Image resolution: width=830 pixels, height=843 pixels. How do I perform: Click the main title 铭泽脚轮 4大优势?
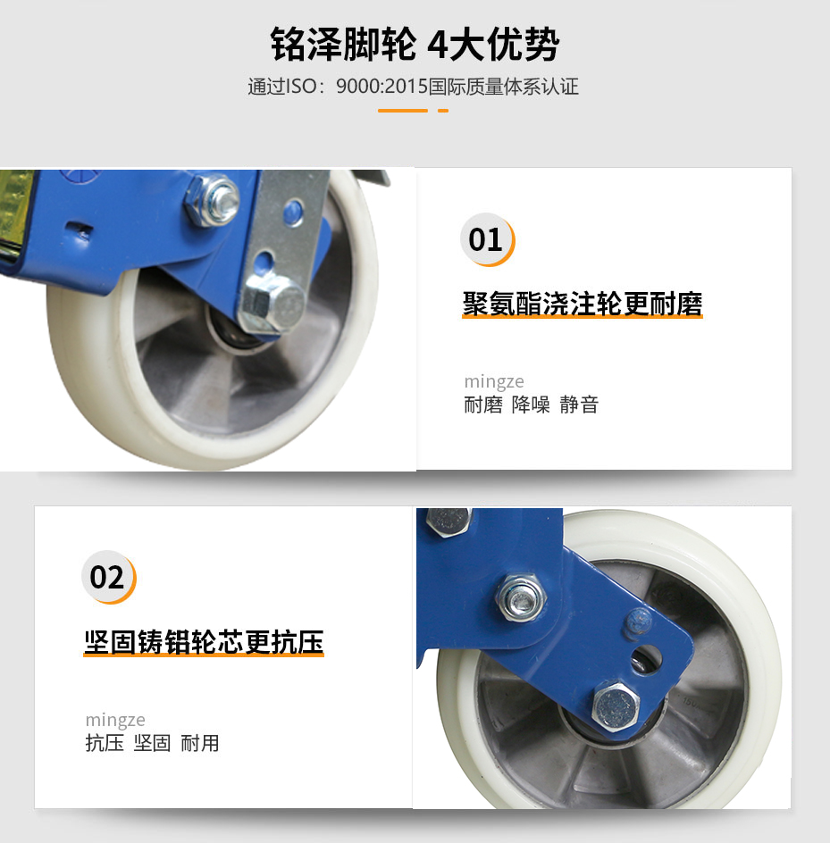point(415,44)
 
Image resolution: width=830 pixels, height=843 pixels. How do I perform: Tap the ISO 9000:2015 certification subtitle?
point(413,87)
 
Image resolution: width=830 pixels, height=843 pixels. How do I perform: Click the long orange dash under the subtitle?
point(402,111)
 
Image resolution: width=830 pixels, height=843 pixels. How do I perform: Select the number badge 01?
point(487,240)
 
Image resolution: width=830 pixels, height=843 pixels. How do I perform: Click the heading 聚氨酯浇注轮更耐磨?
point(583,304)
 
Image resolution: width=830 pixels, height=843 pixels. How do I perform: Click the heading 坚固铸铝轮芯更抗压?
point(204,642)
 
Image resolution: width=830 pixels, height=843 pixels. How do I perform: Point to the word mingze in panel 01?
point(494,381)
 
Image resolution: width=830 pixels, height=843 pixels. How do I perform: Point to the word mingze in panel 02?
point(115,720)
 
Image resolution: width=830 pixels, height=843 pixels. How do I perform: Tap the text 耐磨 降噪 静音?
point(532,405)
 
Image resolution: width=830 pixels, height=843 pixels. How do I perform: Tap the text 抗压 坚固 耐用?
point(152,744)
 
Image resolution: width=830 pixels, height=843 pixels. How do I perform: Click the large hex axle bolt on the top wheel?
point(272,305)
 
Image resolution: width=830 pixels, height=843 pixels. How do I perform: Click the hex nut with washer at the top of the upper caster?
point(213,201)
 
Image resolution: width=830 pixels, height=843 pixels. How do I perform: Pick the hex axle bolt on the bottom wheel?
point(616,705)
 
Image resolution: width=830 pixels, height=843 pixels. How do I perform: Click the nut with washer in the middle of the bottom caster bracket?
point(521,597)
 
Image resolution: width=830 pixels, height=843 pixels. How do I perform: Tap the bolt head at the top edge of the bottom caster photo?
point(449,522)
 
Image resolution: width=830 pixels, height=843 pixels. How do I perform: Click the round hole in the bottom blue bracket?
point(646,661)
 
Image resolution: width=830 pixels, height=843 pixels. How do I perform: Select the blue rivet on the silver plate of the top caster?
point(293,213)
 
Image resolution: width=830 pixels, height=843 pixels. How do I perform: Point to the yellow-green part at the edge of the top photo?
point(15,215)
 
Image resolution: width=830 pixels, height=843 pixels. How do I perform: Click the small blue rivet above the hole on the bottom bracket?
point(638,622)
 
